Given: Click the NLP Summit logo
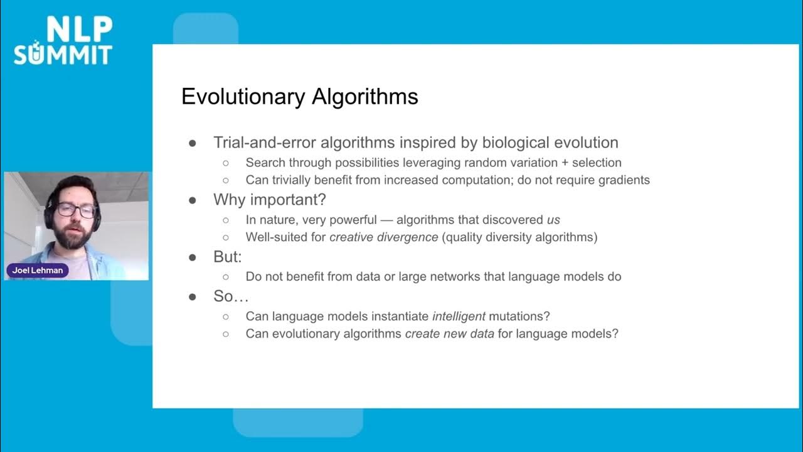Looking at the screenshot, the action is click(63, 41).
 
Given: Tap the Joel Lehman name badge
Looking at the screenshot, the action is click(37, 270).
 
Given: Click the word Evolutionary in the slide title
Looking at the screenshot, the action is click(243, 97).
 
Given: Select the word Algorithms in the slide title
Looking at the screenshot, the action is click(365, 97).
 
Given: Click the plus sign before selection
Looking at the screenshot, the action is click(565, 163).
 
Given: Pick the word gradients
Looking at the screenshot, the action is click(624, 180).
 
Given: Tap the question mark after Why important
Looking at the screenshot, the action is click(322, 200).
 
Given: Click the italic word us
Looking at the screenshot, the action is click(553, 220).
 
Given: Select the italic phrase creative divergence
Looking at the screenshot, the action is click(383, 237).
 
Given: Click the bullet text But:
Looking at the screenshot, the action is click(228, 257).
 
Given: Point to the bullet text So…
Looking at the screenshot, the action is click(231, 296).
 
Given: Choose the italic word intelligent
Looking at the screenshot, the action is click(459, 316).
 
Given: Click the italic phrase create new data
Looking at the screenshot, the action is click(450, 334).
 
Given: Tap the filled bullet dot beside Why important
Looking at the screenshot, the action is click(193, 200).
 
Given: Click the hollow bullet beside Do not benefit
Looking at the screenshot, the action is click(226, 277).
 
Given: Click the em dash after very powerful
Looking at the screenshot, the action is click(386, 220).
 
